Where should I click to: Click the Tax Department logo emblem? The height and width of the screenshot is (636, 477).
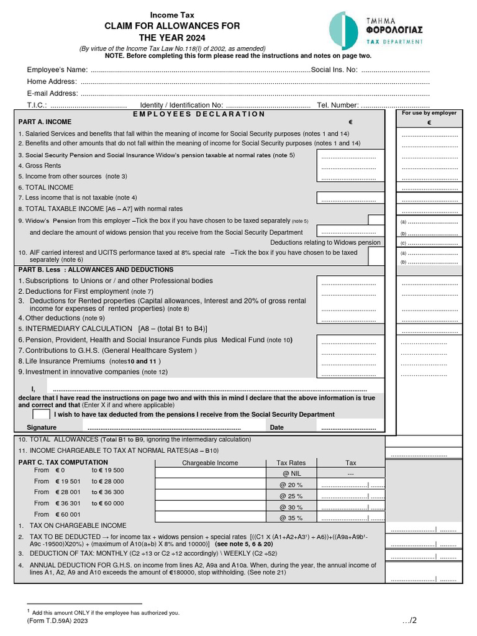point(343,29)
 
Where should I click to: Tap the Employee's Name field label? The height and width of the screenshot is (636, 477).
point(57,70)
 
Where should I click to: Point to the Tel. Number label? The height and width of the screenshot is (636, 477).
point(338,105)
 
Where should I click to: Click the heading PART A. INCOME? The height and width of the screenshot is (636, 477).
point(45,122)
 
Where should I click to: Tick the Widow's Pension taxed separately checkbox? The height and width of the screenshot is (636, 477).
point(376,220)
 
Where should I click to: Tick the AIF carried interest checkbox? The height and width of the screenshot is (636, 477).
point(376,256)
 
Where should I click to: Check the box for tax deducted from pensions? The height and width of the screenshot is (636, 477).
point(41,414)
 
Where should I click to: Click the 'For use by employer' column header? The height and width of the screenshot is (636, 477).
point(429,113)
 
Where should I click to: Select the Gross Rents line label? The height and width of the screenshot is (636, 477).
point(40,166)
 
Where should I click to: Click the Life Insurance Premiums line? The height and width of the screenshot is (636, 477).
point(61,361)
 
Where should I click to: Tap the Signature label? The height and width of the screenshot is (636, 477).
point(42,427)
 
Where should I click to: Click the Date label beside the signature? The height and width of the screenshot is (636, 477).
point(276,427)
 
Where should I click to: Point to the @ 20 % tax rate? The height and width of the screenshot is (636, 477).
point(291,484)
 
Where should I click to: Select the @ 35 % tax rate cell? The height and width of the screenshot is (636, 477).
point(291,518)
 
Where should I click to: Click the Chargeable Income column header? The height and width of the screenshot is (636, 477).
point(210,463)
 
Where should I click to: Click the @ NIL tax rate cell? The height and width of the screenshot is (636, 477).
point(291,474)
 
